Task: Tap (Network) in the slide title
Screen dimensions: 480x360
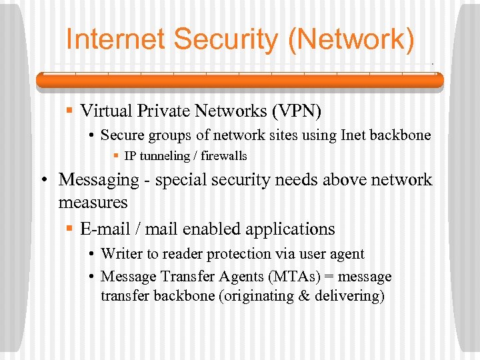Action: [x=351, y=40]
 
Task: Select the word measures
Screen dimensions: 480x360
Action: [x=93, y=201]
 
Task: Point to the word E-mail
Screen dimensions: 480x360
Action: [x=105, y=229]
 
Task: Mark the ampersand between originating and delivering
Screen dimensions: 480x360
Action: [x=303, y=296]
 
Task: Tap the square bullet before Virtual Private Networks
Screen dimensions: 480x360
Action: [x=69, y=109]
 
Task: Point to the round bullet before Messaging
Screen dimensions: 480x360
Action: [x=43, y=180]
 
